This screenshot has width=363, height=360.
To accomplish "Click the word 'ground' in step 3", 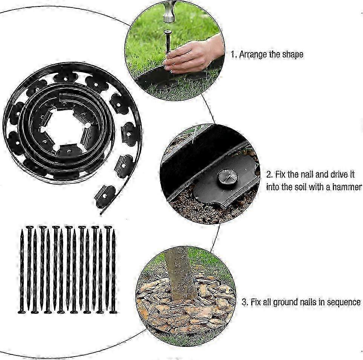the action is pyautogui.click(x=285, y=303).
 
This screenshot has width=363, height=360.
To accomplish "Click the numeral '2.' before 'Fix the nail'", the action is pyautogui.click(x=269, y=175).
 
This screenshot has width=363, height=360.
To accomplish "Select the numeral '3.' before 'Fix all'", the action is pyautogui.click(x=245, y=302).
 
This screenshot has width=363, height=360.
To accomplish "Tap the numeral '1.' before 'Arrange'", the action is pyautogui.click(x=234, y=55).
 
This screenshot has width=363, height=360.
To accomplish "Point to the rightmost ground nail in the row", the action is pyautogui.click(x=113, y=271).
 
